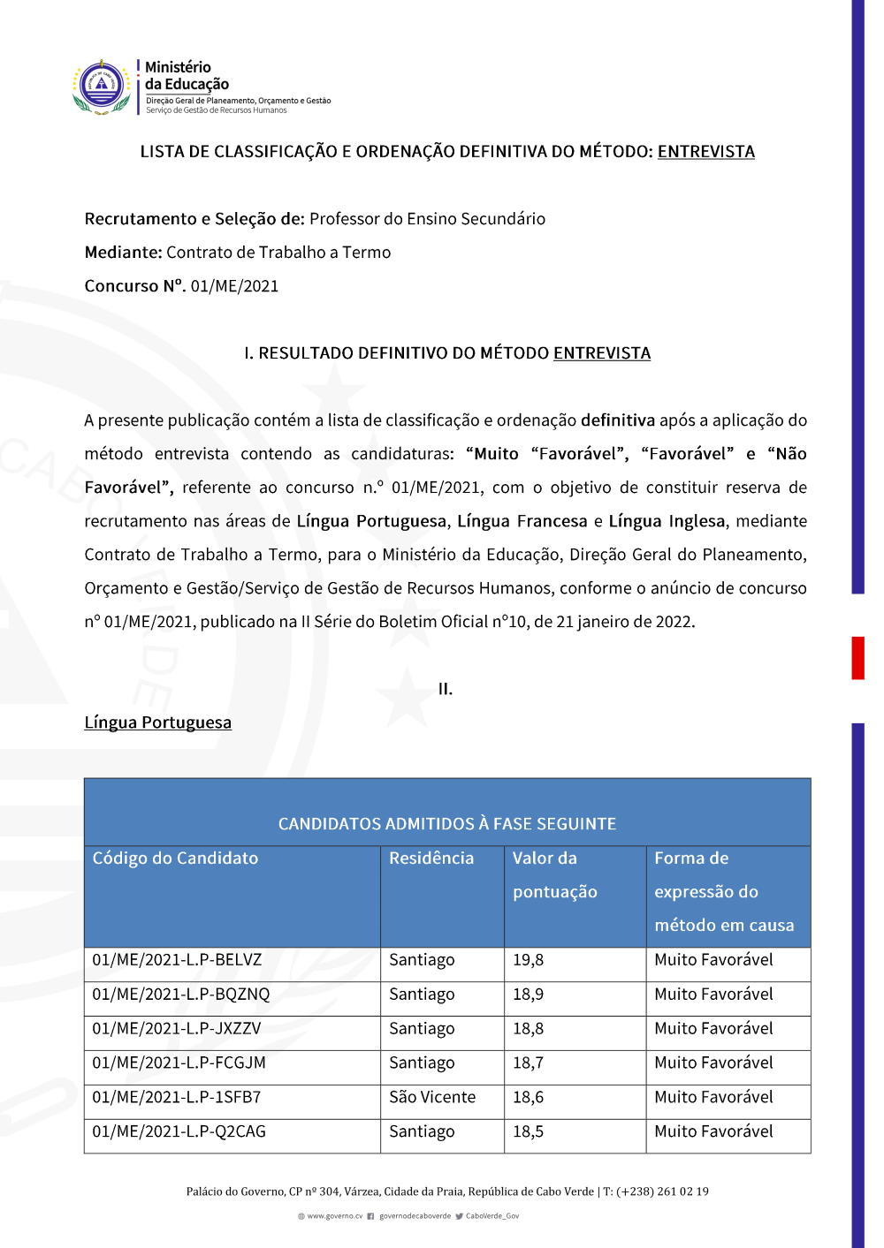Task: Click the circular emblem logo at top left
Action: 103,87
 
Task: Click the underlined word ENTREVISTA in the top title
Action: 705,152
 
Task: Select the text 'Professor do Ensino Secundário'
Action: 427,219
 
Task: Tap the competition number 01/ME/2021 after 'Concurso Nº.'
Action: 234,286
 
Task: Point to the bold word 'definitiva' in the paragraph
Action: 618,420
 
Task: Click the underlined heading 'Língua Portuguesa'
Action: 158,722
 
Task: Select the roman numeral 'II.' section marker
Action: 446,689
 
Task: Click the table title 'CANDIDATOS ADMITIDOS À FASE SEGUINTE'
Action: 447,824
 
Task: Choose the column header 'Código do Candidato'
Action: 175,858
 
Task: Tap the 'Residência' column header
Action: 431,858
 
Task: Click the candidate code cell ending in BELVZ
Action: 177,960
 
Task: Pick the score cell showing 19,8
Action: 529,960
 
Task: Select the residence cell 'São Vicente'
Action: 432,1098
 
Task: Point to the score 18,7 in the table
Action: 529,1063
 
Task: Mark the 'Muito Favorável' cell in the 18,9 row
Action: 713,995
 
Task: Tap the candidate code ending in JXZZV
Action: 177,1029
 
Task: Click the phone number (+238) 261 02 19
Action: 662,1191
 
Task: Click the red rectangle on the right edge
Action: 857,658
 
